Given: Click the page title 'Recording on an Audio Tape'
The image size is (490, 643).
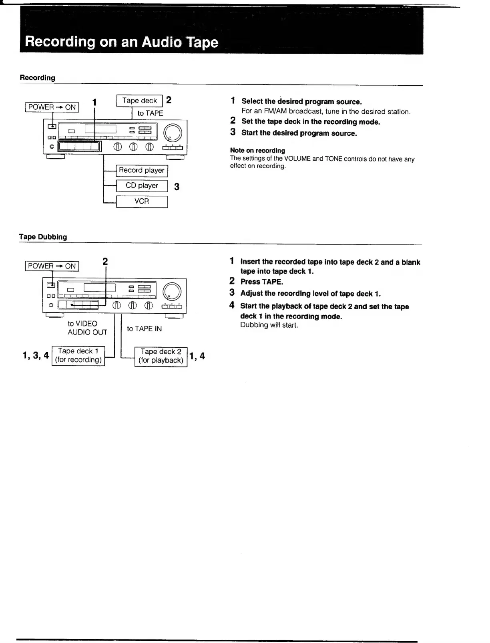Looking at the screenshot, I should pyautogui.click(x=121, y=42).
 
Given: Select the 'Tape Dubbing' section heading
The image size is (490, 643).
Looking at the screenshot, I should pyautogui.click(x=43, y=237).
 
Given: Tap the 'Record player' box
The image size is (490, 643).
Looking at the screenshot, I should pyautogui.click(x=142, y=171).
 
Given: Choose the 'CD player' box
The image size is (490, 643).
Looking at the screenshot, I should pyautogui.click(x=142, y=186).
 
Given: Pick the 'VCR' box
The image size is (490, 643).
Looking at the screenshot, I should pyautogui.click(x=142, y=202).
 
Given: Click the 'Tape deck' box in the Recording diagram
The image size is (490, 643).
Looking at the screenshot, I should pyautogui.click(x=139, y=101).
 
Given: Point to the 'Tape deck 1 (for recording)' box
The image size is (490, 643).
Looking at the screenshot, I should pyautogui.click(x=78, y=356).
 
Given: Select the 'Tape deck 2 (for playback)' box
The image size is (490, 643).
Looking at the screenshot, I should pyautogui.click(x=161, y=356).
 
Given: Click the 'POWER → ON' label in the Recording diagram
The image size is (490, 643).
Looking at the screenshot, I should pyautogui.click(x=52, y=107).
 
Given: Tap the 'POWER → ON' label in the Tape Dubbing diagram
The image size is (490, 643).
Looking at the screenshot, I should pyautogui.click(x=52, y=266).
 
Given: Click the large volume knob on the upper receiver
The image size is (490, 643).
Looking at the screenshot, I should pyautogui.click(x=173, y=133).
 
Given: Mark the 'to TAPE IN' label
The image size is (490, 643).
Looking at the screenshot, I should pyautogui.click(x=145, y=329).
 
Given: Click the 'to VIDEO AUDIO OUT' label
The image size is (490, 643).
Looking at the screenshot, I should pyautogui.click(x=87, y=328).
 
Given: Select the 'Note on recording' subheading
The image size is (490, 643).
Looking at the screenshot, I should pyautogui.click(x=257, y=151).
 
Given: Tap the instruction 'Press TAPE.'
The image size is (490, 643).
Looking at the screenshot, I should pyautogui.click(x=261, y=282).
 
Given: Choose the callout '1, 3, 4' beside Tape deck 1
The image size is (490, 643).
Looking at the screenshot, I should pyautogui.click(x=36, y=355).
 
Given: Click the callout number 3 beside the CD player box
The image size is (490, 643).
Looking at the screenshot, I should pyautogui.click(x=177, y=187).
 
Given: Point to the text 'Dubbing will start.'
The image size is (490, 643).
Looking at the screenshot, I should pyautogui.click(x=269, y=325).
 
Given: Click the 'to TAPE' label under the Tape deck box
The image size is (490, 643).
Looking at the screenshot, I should pyautogui.click(x=150, y=113).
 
